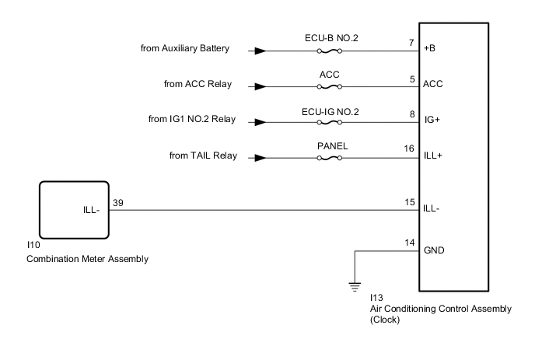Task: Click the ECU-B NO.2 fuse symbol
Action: [x=330, y=52]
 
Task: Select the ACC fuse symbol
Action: [x=330, y=86]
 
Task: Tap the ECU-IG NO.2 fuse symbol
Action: [x=330, y=121]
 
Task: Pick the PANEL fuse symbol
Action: [x=330, y=158]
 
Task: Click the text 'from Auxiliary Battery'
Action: [x=184, y=50]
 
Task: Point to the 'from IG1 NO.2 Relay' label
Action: [x=191, y=121]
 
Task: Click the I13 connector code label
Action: [x=376, y=298]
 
